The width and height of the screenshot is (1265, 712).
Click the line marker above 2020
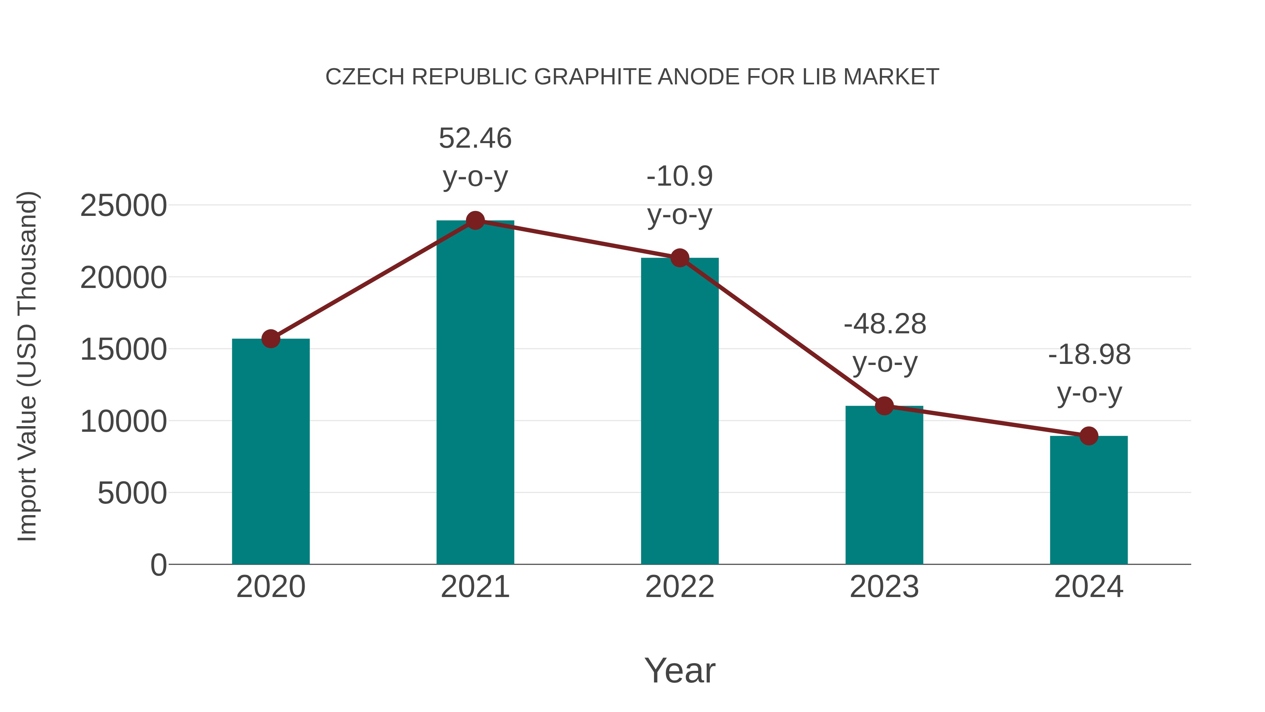[271, 339]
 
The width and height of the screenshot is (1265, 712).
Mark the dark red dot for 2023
[884, 406]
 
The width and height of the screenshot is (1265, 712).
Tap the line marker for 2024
[1089, 436]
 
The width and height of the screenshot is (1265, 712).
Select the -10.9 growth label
[680, 177]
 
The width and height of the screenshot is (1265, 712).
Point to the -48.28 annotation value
[885, 324]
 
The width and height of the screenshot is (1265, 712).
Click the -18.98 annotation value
[1089, 355]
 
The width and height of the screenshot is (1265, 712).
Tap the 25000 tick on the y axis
[123, 205]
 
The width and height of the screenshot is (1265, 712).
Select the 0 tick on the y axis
[158, 565]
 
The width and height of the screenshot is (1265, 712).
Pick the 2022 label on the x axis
[680, 587]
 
